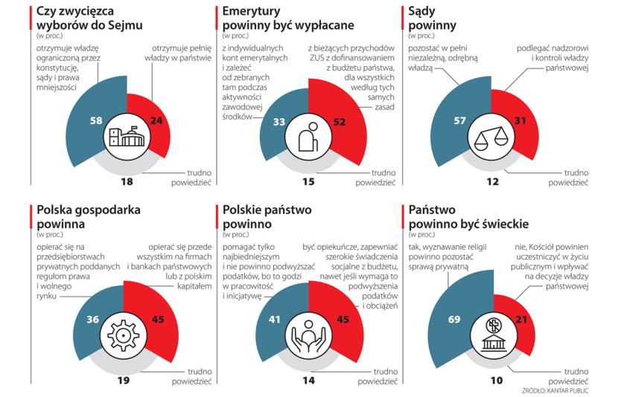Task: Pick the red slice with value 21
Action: click(x=523, y=320)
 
